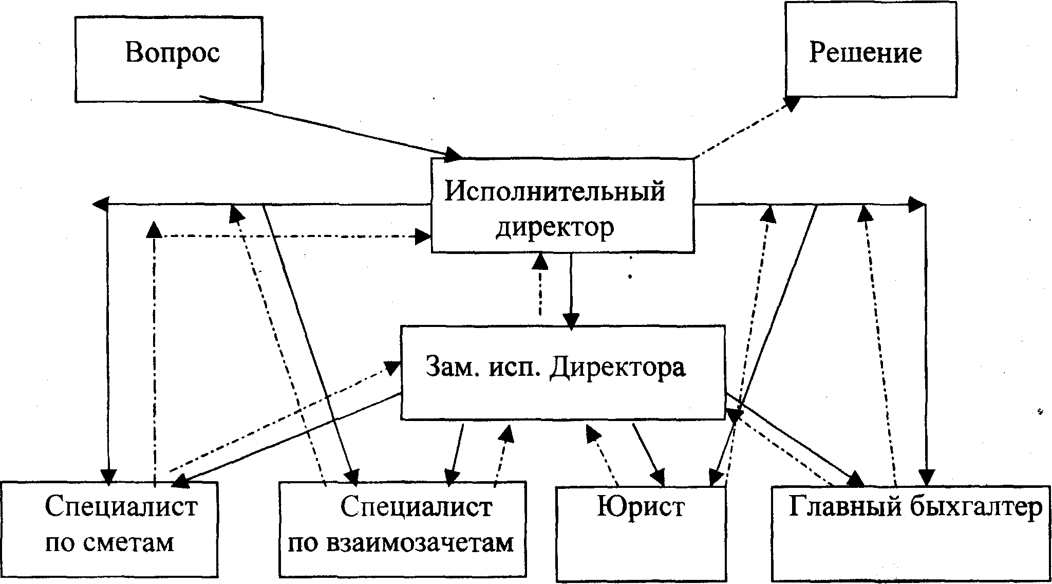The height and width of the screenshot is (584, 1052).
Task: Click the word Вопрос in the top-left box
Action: [173, 53]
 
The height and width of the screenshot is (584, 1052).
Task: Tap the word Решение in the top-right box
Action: [866, 53]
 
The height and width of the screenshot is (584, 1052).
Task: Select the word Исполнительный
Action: [555, 192]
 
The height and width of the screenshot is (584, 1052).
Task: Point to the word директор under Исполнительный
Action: [555, 227]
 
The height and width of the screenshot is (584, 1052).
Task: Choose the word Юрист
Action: [641, 506]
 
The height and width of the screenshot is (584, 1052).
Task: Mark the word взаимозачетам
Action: [401, 543]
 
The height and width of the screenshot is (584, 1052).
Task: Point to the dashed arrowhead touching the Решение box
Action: [793, 103]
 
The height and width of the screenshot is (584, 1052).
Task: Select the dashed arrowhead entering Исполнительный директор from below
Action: [539, 261]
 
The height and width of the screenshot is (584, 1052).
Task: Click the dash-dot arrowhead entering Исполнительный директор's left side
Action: [423, 236]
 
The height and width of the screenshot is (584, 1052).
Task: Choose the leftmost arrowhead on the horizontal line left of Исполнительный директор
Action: [100, 205]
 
